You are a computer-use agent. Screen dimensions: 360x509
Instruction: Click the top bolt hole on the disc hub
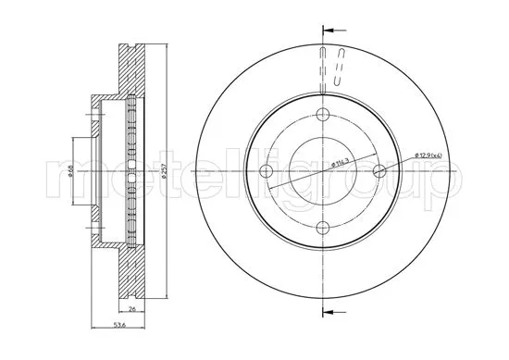(x=322, y=115)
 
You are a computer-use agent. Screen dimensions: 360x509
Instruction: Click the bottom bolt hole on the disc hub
(x=322, y=228)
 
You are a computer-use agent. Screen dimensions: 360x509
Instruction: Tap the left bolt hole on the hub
(x=266, y=171)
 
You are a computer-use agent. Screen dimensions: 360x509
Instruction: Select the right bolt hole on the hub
(x=379, y=171)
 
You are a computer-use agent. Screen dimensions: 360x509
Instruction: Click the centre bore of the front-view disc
(x=322, y=171)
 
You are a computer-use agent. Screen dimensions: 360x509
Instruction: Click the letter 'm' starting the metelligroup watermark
(x=69, y=173)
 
